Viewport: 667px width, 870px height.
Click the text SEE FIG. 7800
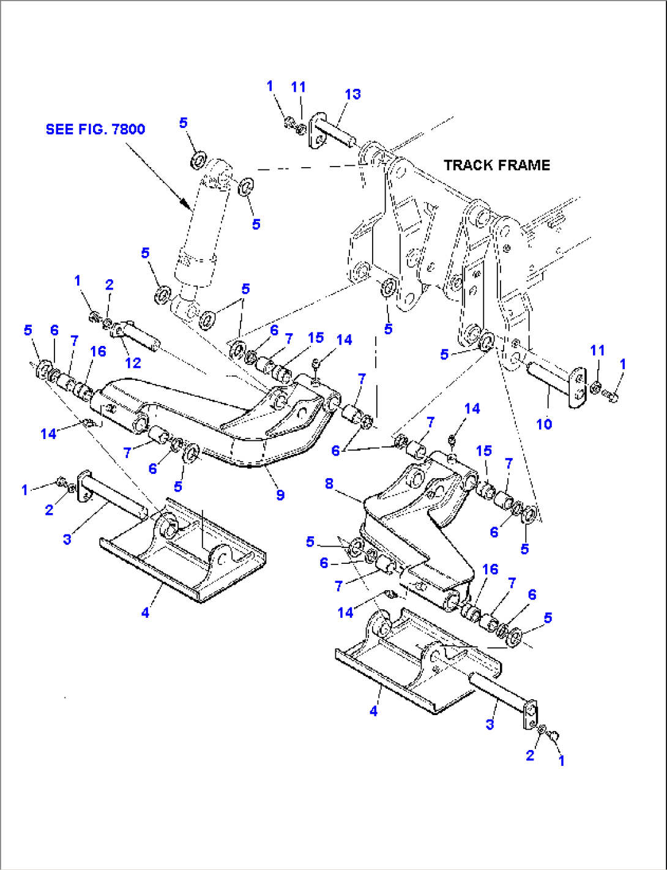95,129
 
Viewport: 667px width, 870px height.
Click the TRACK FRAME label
496,165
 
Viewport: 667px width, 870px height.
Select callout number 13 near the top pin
352,94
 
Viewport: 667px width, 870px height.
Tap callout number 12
133,362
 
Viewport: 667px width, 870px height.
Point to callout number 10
543,424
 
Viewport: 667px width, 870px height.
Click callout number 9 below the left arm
280,495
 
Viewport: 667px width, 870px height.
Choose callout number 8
329,484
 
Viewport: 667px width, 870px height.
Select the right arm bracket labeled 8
416,527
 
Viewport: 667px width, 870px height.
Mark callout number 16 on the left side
98,351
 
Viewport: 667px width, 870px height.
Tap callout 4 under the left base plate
145,612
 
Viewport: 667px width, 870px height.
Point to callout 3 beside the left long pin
67,539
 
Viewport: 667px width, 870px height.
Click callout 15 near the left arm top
316,338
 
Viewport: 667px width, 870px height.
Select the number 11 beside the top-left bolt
298,87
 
